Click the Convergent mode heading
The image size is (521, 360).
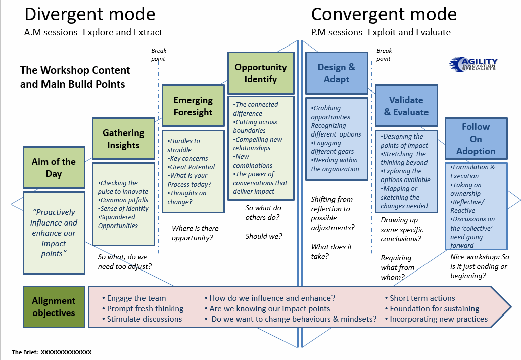coord(384,14)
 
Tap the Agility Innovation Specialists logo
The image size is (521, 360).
coord(473,64)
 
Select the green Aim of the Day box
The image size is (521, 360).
coord(54,167)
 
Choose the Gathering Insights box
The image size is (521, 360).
coord(123,139)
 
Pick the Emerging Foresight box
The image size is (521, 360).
coord(193,106)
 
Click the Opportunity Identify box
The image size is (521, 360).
coord(260,73)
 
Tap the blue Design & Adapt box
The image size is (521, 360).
coord(337,73)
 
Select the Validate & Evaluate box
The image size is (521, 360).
coord(406,106)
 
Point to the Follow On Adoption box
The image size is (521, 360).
coord(476,139)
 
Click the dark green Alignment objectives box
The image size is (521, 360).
coord(54,307)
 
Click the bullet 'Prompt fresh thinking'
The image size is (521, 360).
coord(145,308)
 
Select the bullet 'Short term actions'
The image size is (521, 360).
coord(422,298)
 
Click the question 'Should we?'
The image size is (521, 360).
coord(264,236)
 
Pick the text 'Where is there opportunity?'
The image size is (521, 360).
coord(195,232)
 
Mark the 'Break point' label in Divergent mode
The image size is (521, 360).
coord(158,55)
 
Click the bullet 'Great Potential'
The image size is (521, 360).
coord(193,167)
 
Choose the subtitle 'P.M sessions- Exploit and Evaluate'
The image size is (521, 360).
coord(381,32)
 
